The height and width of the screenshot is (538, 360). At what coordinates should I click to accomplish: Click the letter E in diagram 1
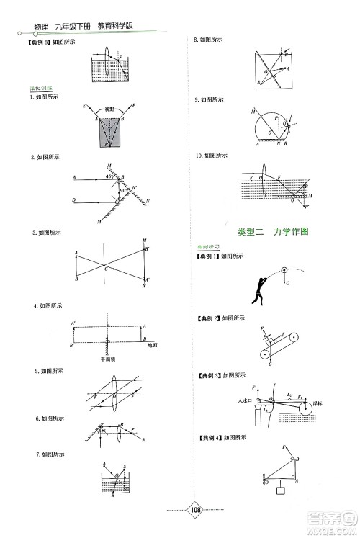pos(85,107)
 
